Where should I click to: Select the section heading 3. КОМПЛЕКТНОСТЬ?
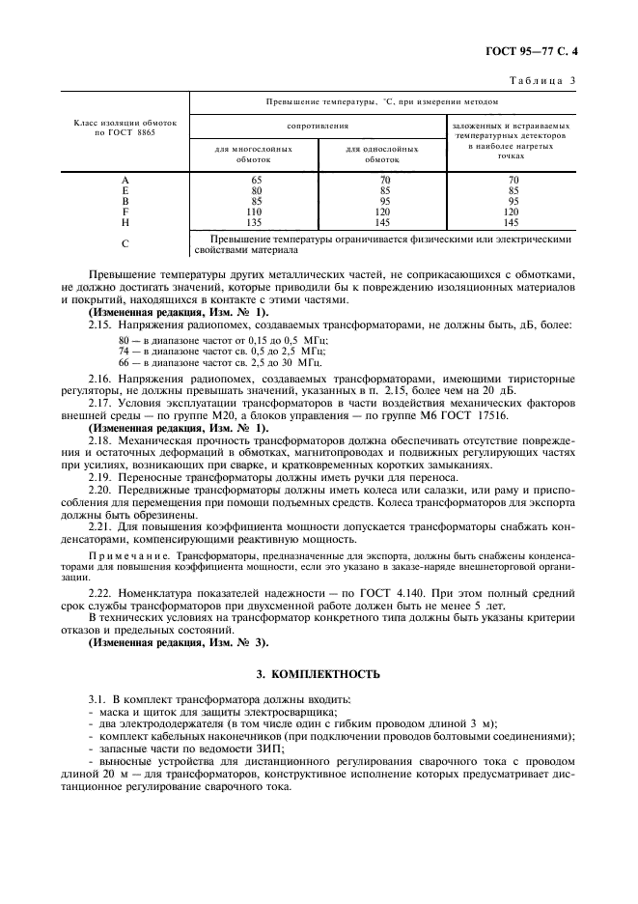tap(318, 672)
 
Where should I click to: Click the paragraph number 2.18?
tap(100, 439)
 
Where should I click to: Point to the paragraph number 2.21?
tap(100, 525)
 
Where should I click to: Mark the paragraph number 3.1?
tap(97, 697)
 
